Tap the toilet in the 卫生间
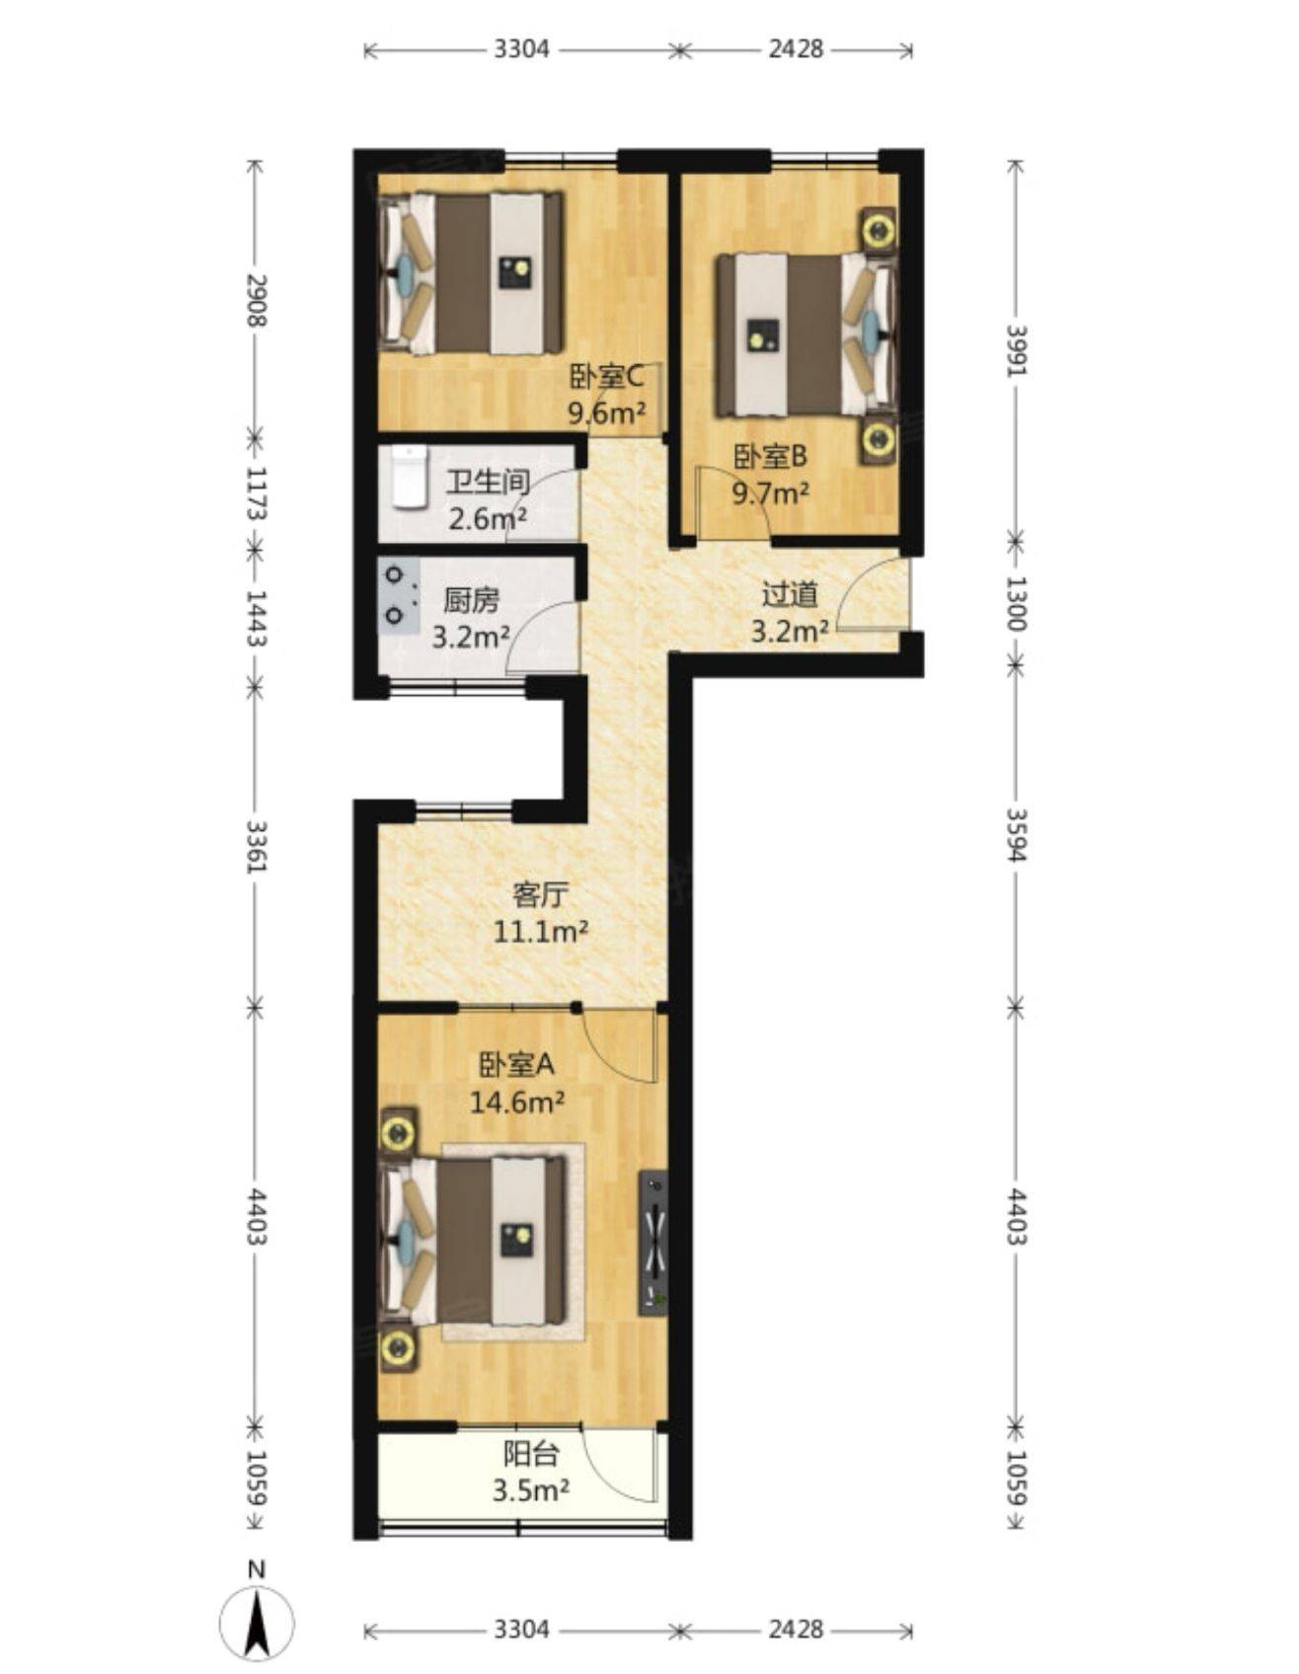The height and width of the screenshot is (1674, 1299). tap(409, 477)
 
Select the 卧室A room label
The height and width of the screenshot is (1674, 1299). tap(516, 1064)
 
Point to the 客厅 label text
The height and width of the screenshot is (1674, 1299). tap(541, 894)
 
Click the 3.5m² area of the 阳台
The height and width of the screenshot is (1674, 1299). tap(531, 1489)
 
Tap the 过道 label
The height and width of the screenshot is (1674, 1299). tap(790, 594)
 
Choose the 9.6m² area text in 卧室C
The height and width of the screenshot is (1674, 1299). tap(606, 412)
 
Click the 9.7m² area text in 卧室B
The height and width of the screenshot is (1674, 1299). tap(770, 492)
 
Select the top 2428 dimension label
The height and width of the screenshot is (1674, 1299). tap(796, 48)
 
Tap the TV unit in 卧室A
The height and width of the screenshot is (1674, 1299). tap(652, 1243)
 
